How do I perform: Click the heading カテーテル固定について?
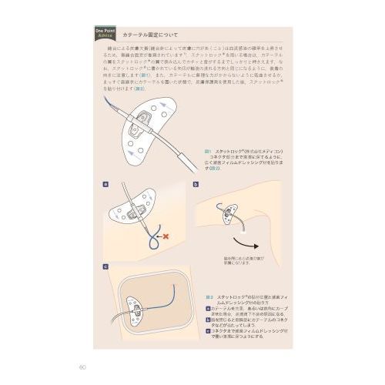[153, 35]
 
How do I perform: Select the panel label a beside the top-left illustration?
[105, 185]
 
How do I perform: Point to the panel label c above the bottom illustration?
[105, 266]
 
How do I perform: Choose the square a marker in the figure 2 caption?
[208, 309]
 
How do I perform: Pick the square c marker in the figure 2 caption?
[208, 329]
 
